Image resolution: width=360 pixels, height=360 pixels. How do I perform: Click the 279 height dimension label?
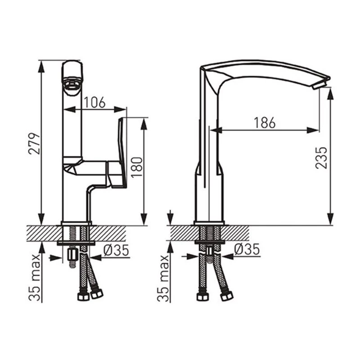(x=35, y=144)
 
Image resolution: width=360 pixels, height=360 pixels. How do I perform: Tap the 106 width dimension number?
(x=94, y=103)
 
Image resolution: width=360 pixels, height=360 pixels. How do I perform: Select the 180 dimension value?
(x=137, y=167)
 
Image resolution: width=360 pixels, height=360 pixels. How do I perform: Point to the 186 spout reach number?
(x=265, y=123)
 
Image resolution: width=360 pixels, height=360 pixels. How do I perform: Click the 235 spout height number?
(x=321, y=158)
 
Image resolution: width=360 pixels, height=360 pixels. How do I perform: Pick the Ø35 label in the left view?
(x=116, y=250)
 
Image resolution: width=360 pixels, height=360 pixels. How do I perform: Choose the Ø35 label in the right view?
(x=247, y=249)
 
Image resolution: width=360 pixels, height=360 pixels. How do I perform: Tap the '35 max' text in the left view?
(x=35, y=277)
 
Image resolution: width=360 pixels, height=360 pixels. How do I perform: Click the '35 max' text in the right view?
(x=163, y=278)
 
